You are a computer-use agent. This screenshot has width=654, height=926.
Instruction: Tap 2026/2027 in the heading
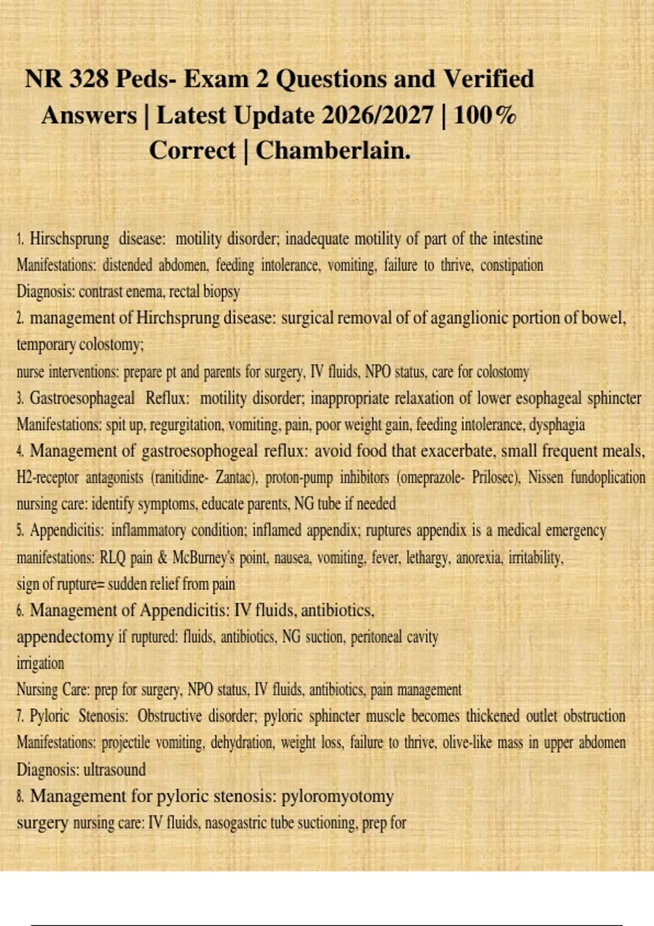378,115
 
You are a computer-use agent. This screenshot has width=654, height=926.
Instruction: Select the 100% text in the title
485,115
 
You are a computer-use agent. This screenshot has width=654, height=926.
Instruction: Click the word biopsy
221,292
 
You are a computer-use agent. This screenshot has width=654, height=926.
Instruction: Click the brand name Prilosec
495,478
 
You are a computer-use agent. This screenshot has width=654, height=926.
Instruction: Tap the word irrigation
40,663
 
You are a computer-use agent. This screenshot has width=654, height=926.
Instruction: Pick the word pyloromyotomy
337,796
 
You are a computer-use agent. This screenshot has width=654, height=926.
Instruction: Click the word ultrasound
114,770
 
